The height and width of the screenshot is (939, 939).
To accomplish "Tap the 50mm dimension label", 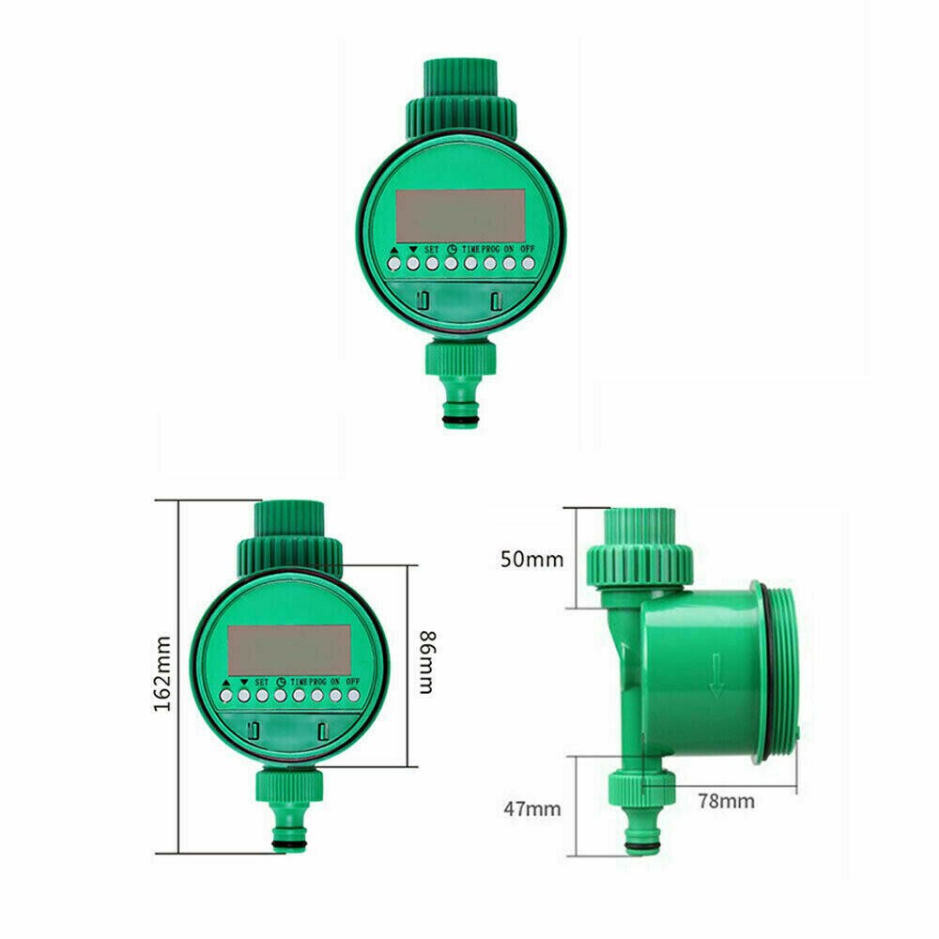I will tap(532, 560).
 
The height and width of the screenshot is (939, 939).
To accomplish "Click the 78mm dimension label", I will tap(725, 801).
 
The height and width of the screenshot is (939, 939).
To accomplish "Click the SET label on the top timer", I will tap(432, 250).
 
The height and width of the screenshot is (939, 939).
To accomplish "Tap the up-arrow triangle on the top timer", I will tap(393, 250).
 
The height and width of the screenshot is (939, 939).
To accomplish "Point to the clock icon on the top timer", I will tap(451, 250).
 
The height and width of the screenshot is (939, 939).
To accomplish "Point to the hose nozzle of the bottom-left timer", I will tap(289, 826).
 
